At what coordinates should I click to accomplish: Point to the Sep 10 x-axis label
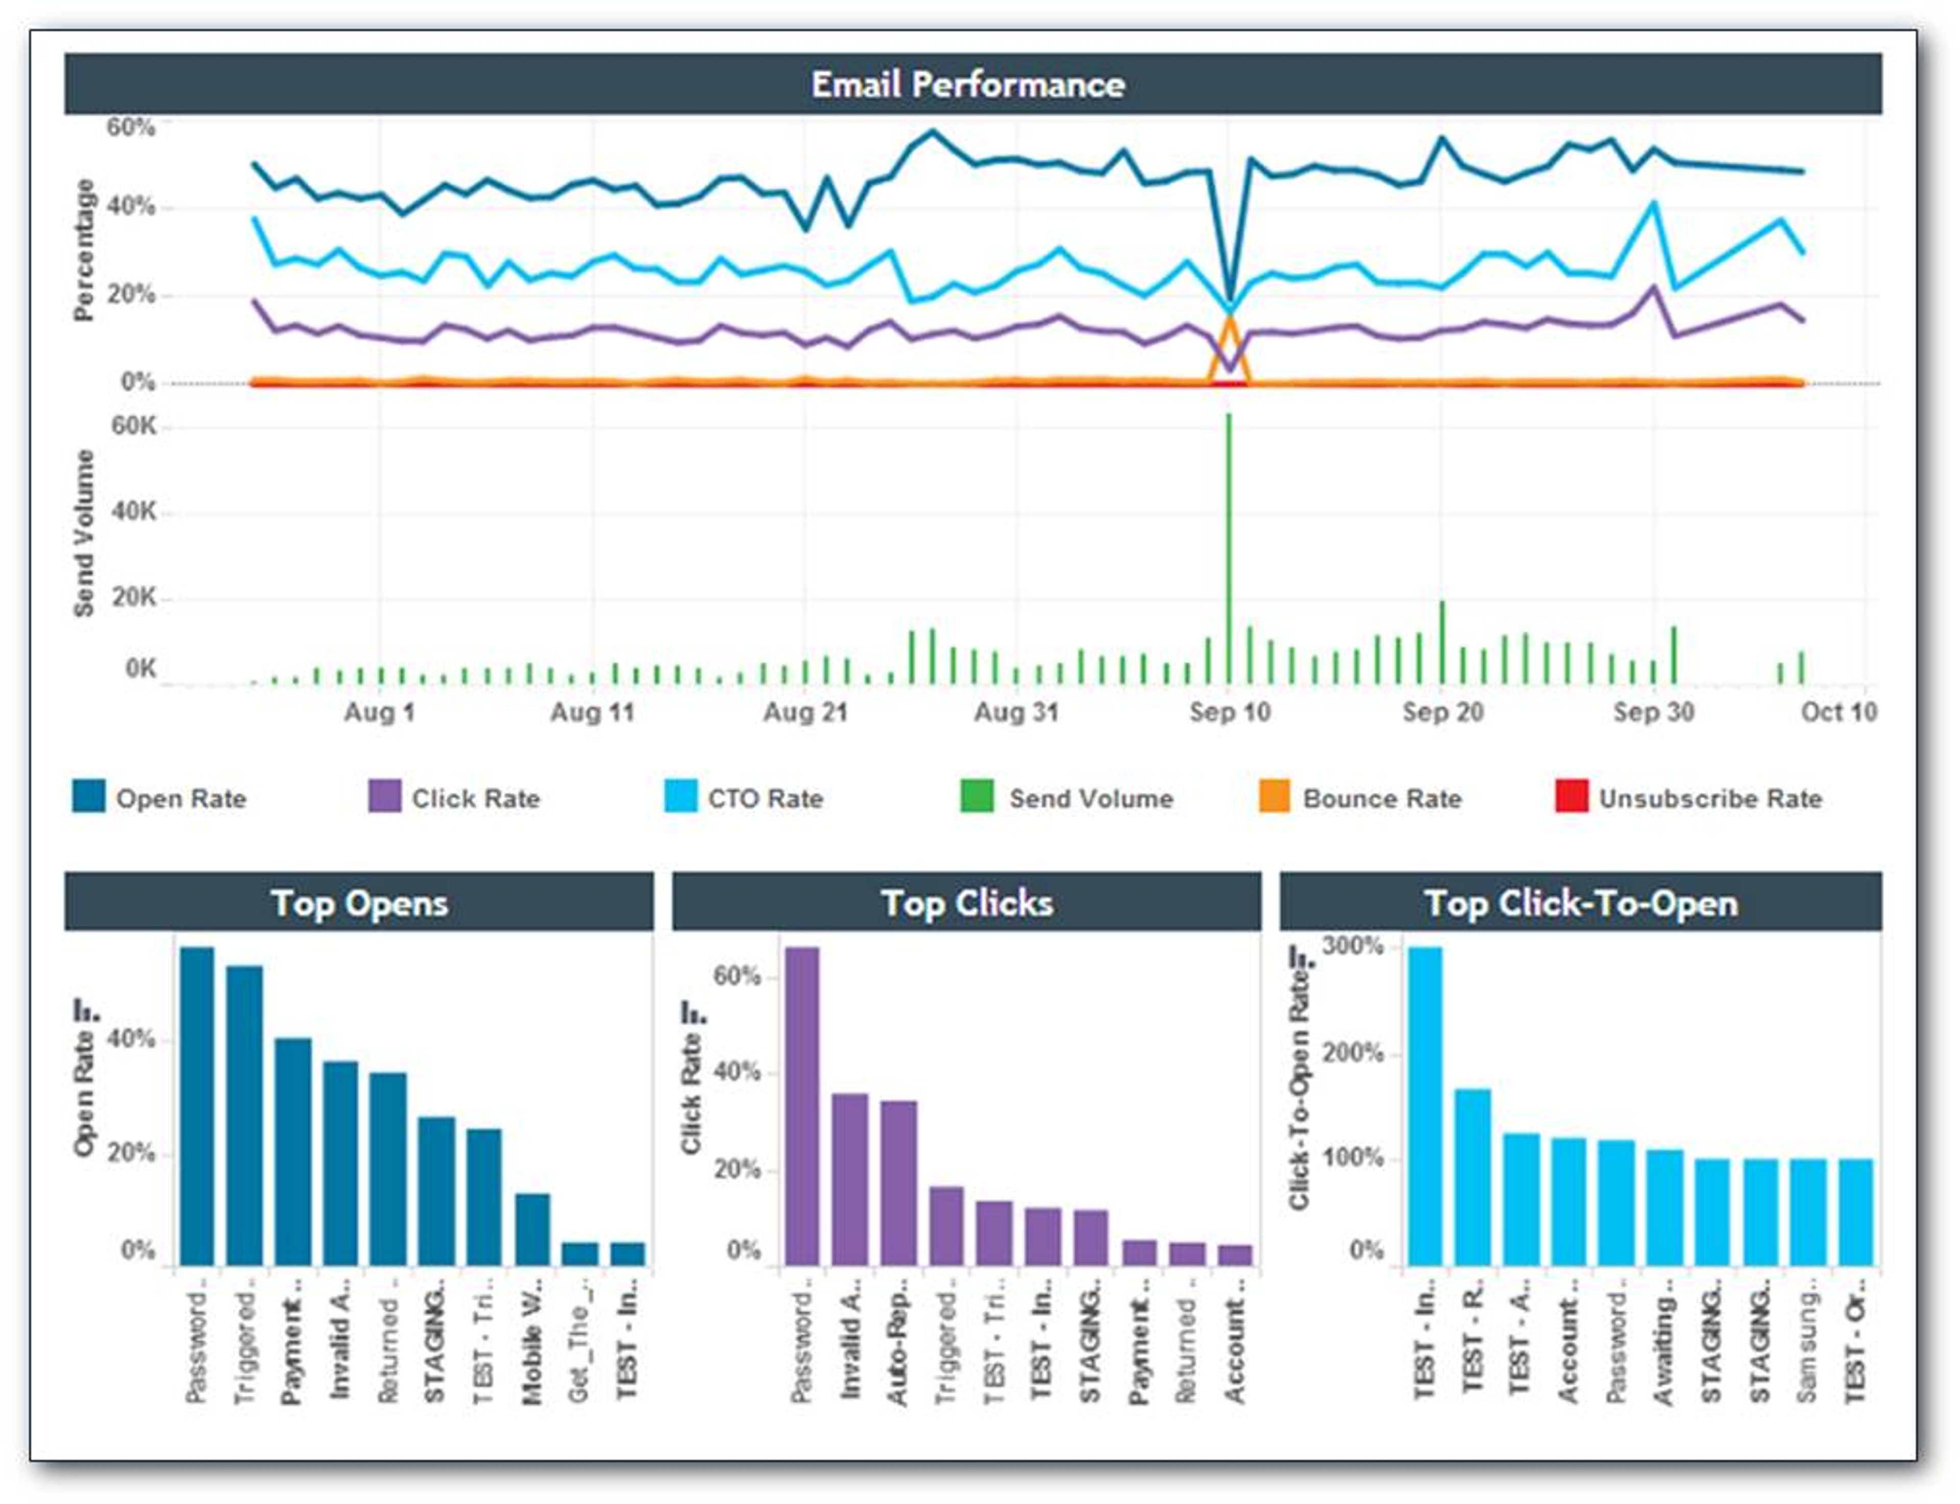click(1229, 713)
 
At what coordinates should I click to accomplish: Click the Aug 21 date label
click(804, 713)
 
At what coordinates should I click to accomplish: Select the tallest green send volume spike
click(1229, 537)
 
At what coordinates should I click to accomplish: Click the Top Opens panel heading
click(359, 903)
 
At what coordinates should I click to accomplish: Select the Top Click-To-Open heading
click(1581, 903)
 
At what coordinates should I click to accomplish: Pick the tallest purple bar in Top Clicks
click(802, 1106)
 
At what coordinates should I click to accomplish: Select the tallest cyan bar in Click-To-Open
click(1425, 1106)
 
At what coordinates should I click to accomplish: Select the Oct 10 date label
click(1839, 713)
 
